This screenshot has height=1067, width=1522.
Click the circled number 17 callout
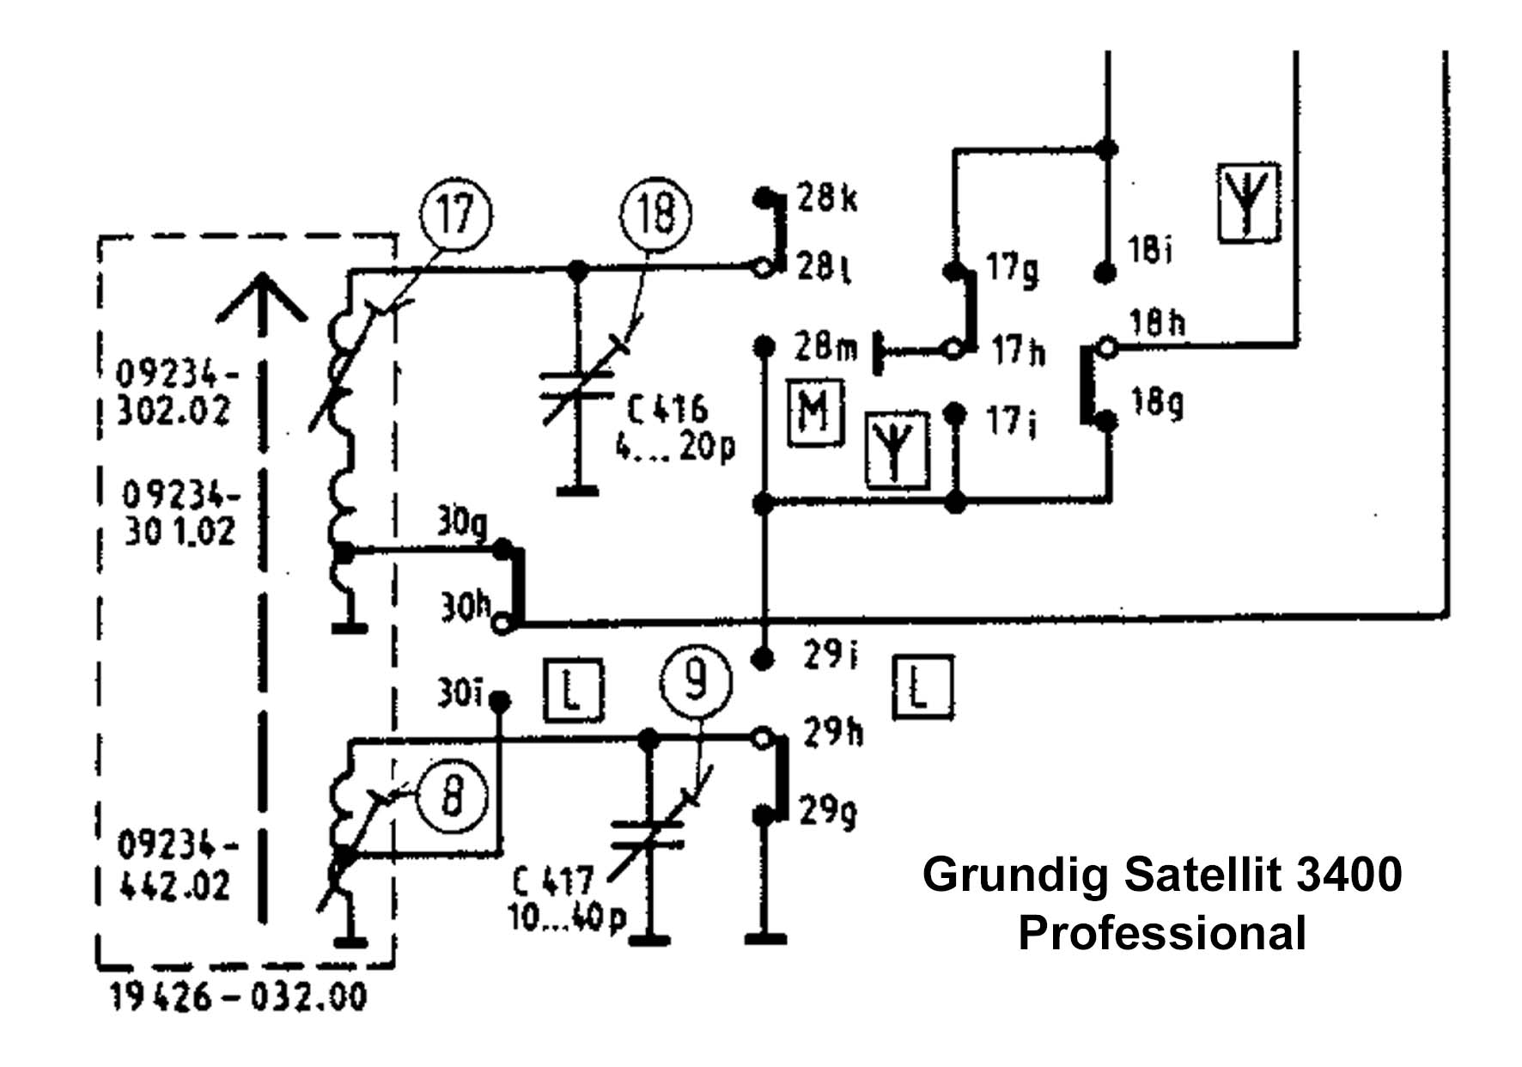point(456,212)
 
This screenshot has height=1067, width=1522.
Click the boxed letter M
point(814,412)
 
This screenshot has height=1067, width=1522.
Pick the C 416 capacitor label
point(667,409)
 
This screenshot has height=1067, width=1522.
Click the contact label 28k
point(827,198)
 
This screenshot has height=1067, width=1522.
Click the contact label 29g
point(829,810)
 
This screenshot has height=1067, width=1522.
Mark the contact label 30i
point(461,692)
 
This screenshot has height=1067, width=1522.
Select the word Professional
point(1162,933)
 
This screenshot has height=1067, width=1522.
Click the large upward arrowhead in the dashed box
point(262,296)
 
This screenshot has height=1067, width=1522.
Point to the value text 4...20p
point(676,448)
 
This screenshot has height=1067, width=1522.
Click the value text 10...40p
point(568,919)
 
